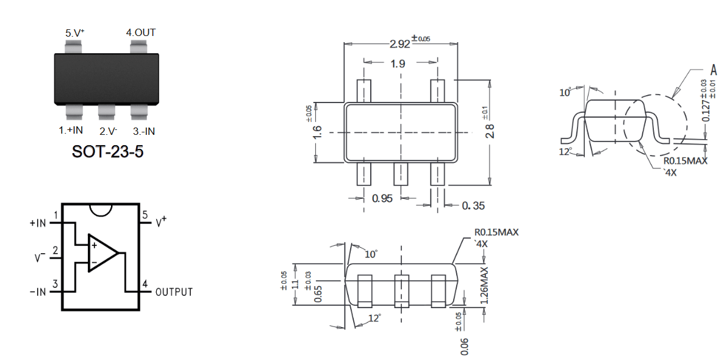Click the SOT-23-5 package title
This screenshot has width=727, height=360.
point(107,152)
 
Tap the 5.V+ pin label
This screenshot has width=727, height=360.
point(74,33)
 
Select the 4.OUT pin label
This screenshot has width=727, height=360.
point(141,32)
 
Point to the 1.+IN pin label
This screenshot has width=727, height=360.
point(71,131)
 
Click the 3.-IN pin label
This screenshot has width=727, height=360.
point(144,131)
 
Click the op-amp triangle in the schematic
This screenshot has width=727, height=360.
point(102,253)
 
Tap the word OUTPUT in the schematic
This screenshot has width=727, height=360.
point(174,292)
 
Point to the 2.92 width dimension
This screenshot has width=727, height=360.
point(399,44)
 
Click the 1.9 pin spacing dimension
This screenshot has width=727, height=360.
point(397,63)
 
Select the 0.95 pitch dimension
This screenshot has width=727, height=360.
point(382,198)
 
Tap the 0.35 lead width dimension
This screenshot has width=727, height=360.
point(473,205)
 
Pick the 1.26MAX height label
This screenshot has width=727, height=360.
point(484,286)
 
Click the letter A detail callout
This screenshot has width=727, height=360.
point(714,71)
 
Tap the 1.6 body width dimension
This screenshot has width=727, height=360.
point(317,132)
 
